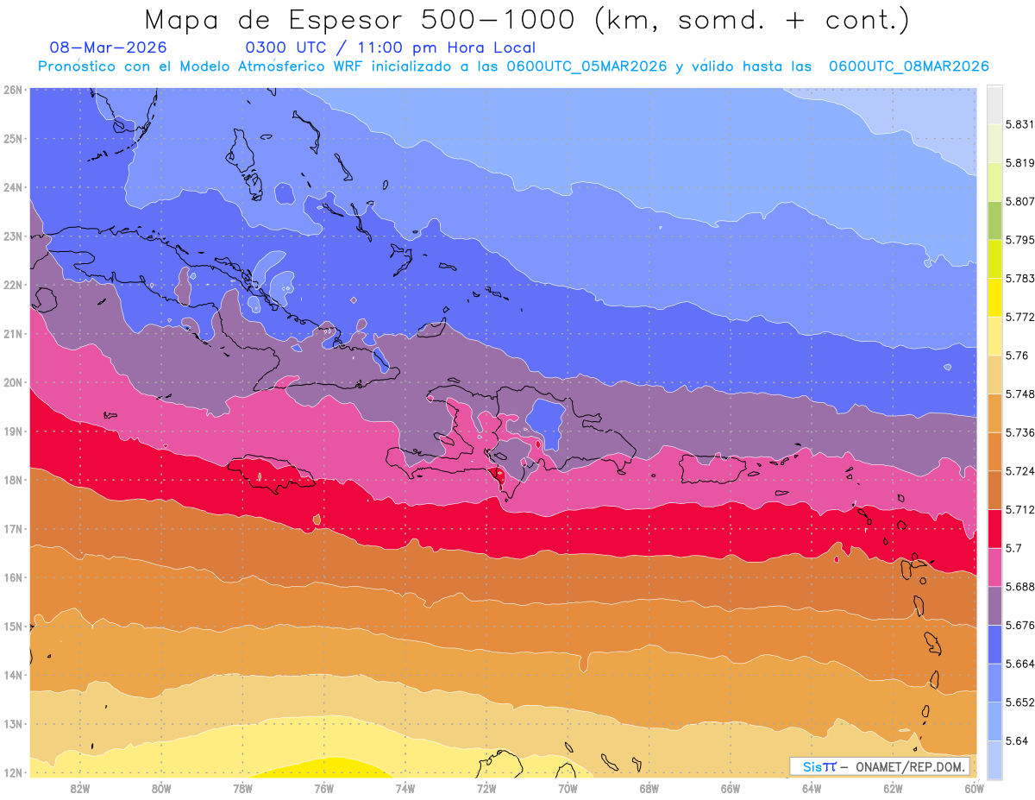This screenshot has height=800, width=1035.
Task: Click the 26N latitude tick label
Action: tap(12, 90)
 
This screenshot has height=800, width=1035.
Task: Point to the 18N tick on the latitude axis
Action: tap(12, 480)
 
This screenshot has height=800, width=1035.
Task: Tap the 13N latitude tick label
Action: tap(12, 724)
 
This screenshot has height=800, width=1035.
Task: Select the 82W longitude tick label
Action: tap(80, 788)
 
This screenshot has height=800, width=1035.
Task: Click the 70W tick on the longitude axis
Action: tap(568, 788)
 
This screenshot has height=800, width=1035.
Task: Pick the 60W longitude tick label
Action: tap(975, 788)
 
